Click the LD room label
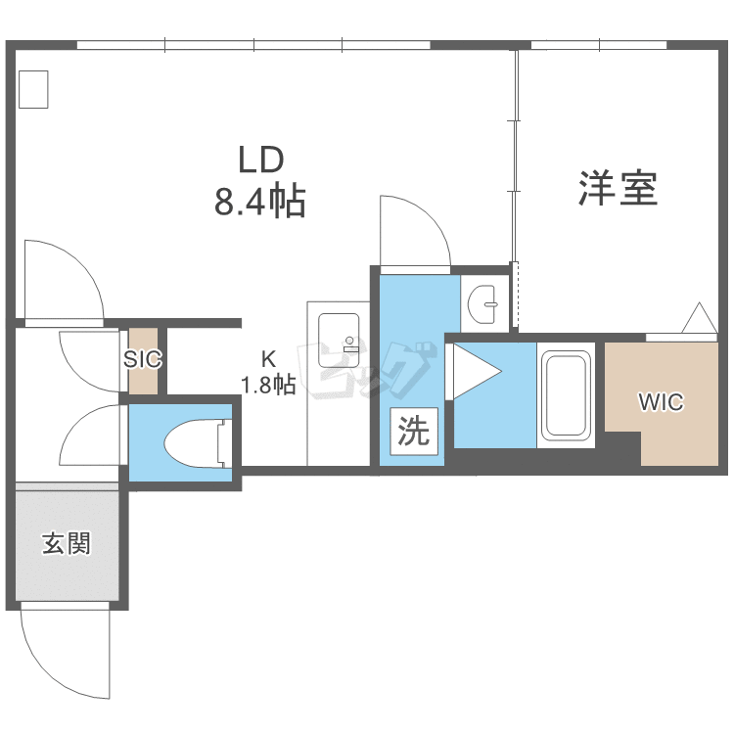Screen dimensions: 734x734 pos(261,160)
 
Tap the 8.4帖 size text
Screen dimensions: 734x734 pos(260,202)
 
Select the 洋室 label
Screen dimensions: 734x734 pos(618,188)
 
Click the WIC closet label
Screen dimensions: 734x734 pos(661,401)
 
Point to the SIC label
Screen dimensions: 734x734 pos(142,359)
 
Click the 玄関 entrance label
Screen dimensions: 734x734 pos(66,543)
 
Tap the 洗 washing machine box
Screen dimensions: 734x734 pos(414,432)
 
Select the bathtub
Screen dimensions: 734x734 pos(566,395)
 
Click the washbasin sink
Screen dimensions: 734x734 pos(482,304)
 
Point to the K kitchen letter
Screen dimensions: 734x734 pos(268,359)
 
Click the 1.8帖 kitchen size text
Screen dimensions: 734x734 pos(268,385)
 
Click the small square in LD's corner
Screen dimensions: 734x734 pos(33,89)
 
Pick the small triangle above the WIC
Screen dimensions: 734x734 pos(700,318)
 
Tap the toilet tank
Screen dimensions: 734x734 pos(225,443)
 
